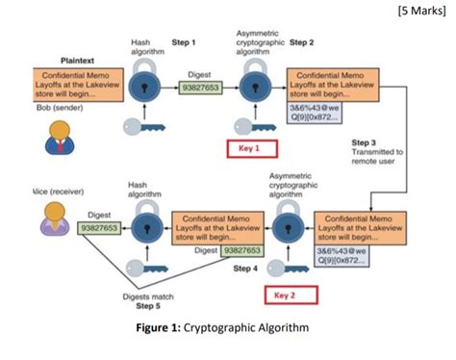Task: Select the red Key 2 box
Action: coord(290,296)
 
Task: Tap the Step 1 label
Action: coord(184,43)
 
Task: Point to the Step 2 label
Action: coord(302,43)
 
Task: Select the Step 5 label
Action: coord(148,307)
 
